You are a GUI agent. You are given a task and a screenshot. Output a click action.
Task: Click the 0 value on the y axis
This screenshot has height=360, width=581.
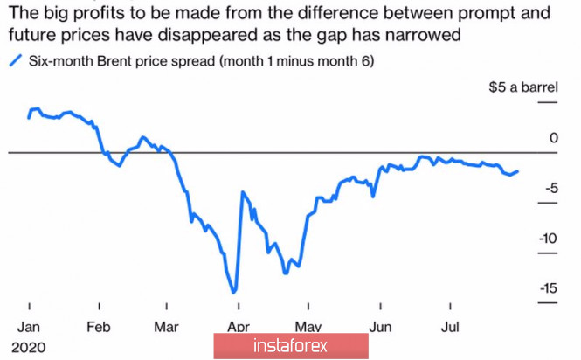point(552,137)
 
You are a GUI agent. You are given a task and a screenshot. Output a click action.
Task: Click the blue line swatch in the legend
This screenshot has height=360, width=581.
point(15,61)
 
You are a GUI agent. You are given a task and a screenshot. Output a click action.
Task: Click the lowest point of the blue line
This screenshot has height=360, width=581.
point(235,293)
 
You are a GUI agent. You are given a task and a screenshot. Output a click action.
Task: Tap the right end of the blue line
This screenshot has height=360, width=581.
point(517,171)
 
